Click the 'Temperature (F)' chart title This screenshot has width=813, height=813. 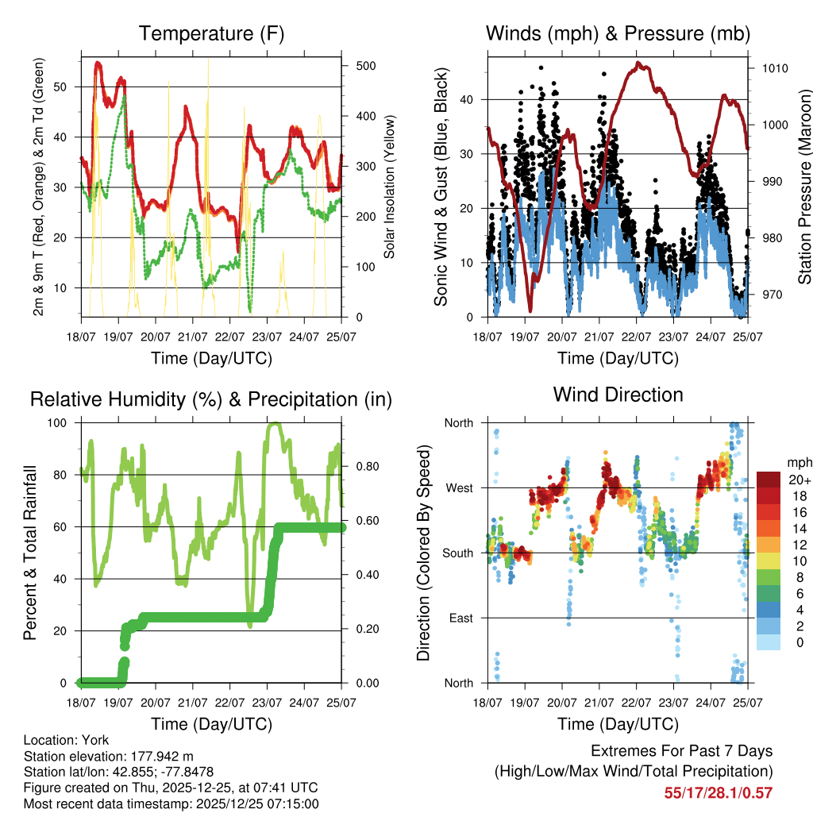[x=211, y=33]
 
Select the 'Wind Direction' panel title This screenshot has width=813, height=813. [x=618, y=395]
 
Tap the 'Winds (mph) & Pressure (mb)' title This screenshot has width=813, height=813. [x=618, y=33]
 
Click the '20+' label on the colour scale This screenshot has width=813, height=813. [x=800, y=479]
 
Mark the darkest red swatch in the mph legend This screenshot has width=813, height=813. [x=769, y=479]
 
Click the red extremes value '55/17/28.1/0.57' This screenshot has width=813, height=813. [x=718, y=792]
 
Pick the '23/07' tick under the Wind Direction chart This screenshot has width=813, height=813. [x=673, y=702]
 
